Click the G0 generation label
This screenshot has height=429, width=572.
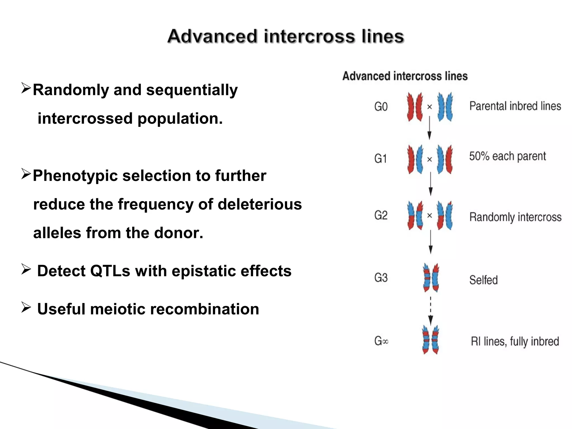click(x=381, y=107)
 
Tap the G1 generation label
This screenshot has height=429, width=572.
click(x=380, y=159)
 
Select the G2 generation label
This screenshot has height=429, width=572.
click(x=381, y=215)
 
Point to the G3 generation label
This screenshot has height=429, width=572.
click(x=381, y=278)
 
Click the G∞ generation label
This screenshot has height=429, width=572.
click(x=381, y=341)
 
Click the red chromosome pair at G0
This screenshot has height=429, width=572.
click(x=415, y=107)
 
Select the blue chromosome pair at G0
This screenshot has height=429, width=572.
click(x=445, y=107)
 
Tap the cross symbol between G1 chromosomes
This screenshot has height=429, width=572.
click(x=430, y=159)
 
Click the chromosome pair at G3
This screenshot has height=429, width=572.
click(x=431, y=278)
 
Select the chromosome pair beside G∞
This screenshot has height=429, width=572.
click(x=430, y=340)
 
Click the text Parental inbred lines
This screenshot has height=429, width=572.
click(x=515, y=106)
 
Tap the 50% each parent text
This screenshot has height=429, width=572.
click(x=507, y=156)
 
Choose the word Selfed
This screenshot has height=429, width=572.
click(x=483, y=280)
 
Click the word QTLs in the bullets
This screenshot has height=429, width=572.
click(x=110, y=271)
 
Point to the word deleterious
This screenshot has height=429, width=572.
click(x=260, y=204)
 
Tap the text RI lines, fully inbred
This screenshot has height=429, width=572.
click(x=515, y=341)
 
